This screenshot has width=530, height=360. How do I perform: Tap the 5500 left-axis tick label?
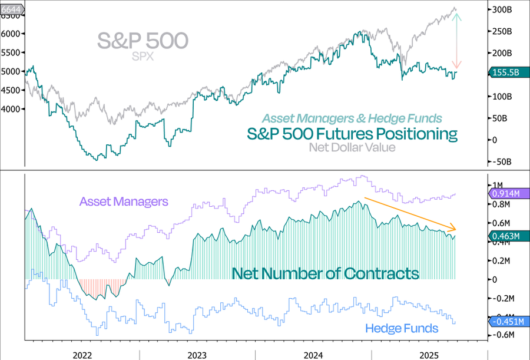click(x=11, y=52)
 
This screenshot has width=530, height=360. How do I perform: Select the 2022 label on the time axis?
click(x=82, y=354)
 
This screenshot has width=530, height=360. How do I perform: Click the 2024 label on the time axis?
click(x=313, y=354)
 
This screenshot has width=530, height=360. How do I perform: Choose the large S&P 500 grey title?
click(x=143, y=41)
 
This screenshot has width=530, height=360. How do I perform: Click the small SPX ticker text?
click(x=143, y=57)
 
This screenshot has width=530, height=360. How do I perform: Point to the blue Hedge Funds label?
click(x=402, y=328)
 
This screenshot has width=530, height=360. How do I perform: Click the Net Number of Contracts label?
click(x=325, y=273)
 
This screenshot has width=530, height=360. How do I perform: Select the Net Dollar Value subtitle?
click(x=352, y=147)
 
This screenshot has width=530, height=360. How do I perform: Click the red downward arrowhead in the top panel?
click(x=456, y=65)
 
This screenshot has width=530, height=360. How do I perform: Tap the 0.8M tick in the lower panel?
click(x=502, y=204)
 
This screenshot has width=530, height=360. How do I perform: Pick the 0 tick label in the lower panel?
click(x=495, y=279)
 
